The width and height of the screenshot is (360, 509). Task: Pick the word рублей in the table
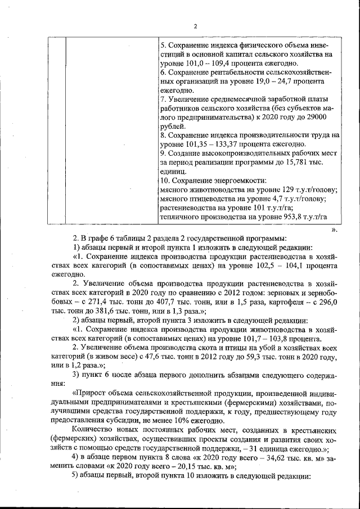173,127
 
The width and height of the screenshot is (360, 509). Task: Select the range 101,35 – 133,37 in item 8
210,145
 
